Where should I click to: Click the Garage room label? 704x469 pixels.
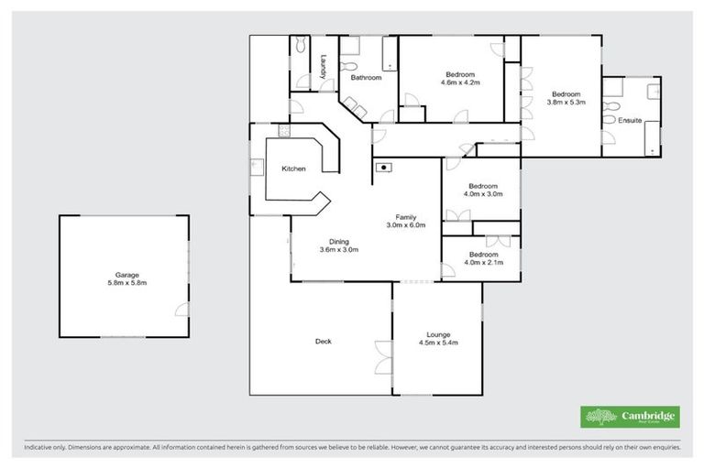point(124,274)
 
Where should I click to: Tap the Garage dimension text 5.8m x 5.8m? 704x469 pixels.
point(124,283)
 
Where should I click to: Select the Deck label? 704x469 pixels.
point(323,342)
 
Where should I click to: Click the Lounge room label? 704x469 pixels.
point(436,334)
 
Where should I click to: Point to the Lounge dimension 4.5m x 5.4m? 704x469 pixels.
point(436,344)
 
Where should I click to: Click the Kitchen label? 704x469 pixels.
point(293,169)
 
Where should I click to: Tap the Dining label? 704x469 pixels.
point(338,241)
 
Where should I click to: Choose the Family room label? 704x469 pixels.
point(406,216)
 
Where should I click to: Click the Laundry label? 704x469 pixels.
point(324,69)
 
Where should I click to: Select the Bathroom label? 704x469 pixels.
point(366,78)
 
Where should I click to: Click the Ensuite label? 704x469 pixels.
point(630,120)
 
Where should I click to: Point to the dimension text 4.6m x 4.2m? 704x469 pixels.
point(460,82)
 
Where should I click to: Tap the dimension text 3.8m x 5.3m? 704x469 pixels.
point(566,103)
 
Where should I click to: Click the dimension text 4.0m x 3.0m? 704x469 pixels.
point(483,194)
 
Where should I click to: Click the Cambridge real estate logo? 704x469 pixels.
point(630,417)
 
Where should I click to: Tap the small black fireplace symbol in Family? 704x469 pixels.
point(384,167)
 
